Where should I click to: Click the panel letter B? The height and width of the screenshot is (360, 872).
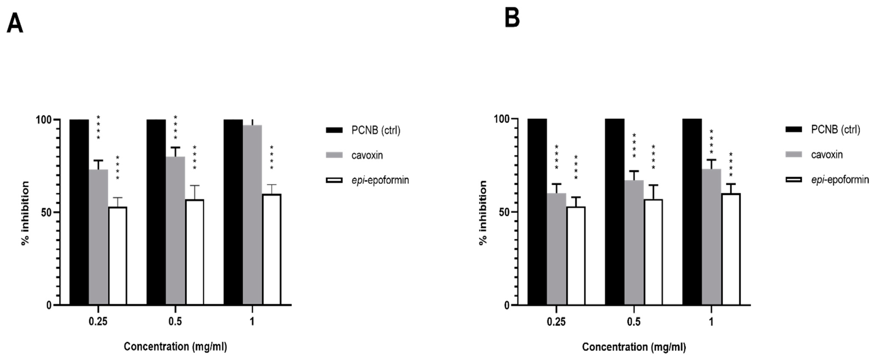click(512, 19)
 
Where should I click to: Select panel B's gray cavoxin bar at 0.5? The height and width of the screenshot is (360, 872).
click(634, 242)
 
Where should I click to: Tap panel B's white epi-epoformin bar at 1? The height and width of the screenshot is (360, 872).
click(731, 249)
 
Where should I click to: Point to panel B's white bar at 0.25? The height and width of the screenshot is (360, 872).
click(576, 256)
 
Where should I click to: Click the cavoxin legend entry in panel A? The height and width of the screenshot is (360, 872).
click(367, 155)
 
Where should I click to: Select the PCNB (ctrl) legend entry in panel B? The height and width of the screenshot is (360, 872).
click(835, 129)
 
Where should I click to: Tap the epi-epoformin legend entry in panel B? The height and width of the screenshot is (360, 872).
click(839, 179)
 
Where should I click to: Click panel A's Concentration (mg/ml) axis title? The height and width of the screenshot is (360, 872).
click(175, 346)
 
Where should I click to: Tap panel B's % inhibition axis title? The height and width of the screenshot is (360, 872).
click(483, 213)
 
